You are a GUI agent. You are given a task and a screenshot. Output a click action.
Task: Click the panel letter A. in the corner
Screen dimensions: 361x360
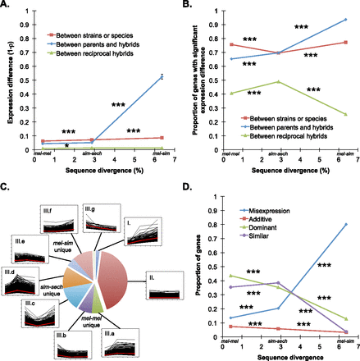(7, 6)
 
